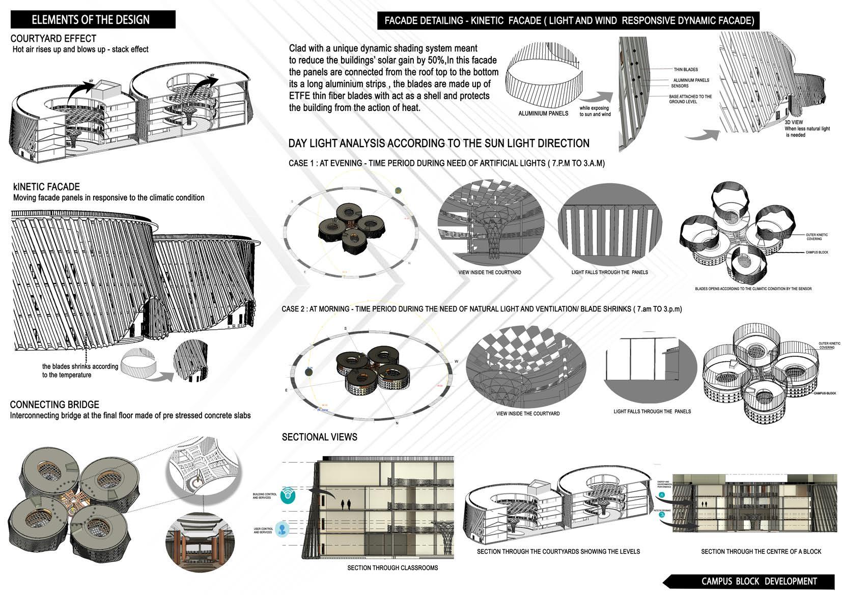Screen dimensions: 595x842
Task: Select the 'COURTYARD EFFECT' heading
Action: coord(53,39)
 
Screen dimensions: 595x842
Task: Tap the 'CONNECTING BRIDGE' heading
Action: coord(54,405)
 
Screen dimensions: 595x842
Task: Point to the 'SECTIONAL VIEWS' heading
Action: coord(319,437)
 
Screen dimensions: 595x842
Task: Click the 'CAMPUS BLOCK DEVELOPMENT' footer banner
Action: coord(759,581)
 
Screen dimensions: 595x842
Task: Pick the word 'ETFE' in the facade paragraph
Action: coord(300,96)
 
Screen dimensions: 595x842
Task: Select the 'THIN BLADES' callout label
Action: coord(685,70)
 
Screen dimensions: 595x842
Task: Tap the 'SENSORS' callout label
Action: coord(680,86)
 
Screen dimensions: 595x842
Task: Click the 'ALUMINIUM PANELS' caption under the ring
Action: coord(543,114)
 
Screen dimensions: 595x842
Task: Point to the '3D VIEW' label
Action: coord(794,123)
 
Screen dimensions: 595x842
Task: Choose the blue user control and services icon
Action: coord(283,529)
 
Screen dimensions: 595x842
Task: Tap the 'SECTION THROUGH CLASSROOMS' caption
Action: coord(392,568)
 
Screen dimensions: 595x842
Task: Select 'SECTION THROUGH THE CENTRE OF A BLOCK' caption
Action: coord(761,551)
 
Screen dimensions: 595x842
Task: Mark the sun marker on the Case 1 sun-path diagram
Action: coord(398,190)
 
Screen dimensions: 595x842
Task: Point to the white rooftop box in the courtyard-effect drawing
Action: coord(108,91)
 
